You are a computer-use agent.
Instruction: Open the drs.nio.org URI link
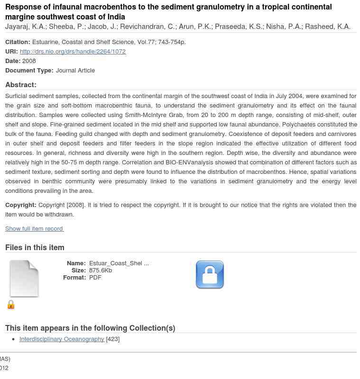point(73,51)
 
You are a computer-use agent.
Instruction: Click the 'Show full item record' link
point(34,229)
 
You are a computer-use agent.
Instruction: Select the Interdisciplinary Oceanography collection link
point(62,339)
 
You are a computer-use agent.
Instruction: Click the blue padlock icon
point(210,275)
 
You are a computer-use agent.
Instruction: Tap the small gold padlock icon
point(11,305)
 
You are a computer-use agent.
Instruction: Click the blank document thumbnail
point(24,279)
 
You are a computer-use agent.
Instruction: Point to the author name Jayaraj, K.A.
point(25,27)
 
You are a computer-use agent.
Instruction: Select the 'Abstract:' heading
point(21,85)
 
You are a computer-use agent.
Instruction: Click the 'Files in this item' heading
point(35,247)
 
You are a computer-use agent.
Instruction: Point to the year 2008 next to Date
point(29,61)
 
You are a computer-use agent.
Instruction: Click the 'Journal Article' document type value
point(75,70)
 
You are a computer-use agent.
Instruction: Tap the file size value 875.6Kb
point(101,271)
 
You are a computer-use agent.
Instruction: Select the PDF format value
point(95,278)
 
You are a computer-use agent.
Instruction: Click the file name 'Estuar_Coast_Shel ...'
point(119,263)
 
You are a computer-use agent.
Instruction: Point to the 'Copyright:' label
point(21,205)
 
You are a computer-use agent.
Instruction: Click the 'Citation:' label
point(18,42)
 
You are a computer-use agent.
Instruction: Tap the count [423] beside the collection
point(113,339)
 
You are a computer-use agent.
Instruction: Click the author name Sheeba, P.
point(66,27)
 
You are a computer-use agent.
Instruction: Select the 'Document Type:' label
point(29,70)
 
